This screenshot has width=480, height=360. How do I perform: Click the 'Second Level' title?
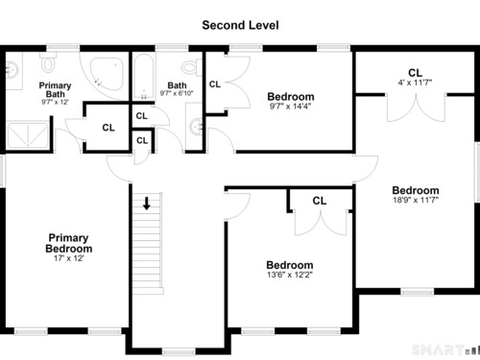[x=240, y=25]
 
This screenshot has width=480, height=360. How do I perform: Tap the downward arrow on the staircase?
[x=147, y=204]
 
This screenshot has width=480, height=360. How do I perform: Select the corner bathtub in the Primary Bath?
[x=107, y=74]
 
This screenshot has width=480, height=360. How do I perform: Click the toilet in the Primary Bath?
[x=48, y=61]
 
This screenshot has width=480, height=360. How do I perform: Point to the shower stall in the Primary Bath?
[x=28, y=135]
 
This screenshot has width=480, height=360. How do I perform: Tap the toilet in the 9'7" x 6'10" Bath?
[x=191, y=67]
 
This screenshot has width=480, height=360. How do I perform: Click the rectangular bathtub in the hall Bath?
[x=144, y=77]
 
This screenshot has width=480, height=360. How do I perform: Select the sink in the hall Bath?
[x=194, y=126]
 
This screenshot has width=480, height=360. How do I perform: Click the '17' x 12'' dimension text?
[x=68, y=258]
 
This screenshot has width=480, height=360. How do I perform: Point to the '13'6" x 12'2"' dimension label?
[x=290, y=275]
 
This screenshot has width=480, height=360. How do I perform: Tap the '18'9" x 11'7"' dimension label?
[x=416, y=200]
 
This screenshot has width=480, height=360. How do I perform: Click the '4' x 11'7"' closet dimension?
[x=415, y=83]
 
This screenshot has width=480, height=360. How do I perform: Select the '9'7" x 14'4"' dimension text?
[x=290, y=107]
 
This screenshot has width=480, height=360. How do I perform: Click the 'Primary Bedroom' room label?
[x=68, y=243]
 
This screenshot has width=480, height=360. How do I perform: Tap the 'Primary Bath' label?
[x=55, y=89]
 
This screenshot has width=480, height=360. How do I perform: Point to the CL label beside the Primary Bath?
[x=108, y=128]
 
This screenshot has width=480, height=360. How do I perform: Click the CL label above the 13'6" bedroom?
[x=320, y=201]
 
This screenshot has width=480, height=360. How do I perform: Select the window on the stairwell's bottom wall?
[x=179, y=351]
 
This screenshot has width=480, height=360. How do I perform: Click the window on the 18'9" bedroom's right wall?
[x=477, y=172]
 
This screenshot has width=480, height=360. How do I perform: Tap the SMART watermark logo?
[x=445, y=349]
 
